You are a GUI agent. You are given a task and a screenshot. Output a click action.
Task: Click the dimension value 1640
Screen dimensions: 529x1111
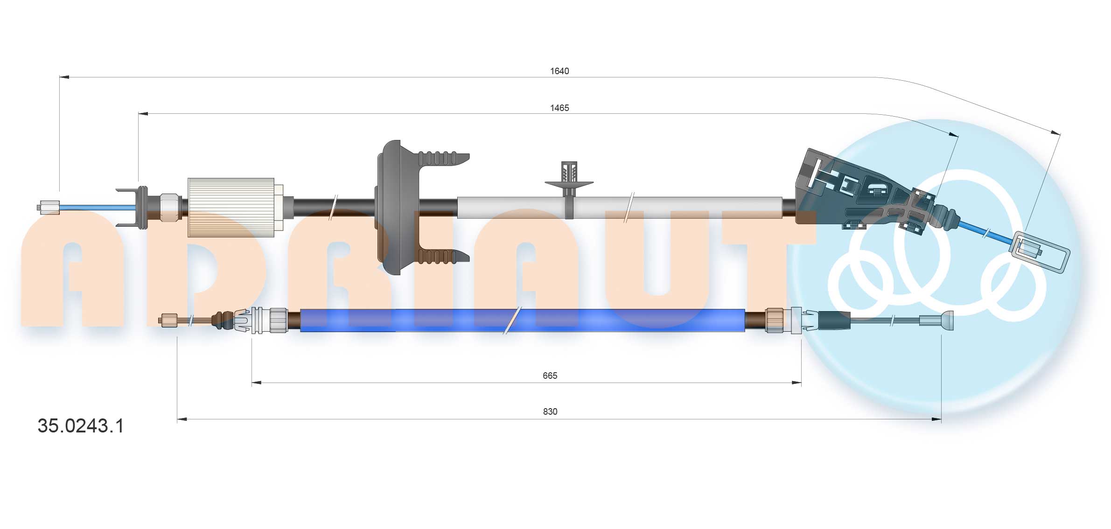coord(559,71)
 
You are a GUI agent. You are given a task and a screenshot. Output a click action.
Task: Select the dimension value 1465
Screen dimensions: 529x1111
coord(559,108)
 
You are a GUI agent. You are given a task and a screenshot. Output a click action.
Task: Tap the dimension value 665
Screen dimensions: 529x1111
coord(550,376)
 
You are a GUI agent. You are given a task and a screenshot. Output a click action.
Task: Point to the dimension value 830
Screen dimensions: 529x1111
coord(550,411)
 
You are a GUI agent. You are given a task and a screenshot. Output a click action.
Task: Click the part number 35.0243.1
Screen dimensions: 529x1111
coord(81,426)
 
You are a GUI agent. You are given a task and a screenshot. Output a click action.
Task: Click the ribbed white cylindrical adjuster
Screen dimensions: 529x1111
coord(231,207)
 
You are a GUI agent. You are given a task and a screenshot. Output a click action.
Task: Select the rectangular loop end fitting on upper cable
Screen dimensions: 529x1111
coord(1040,252)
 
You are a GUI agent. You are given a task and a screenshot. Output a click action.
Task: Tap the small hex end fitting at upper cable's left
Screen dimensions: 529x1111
coord(49,207)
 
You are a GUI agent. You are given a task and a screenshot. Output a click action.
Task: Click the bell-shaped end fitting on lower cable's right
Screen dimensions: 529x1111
coord(946,320)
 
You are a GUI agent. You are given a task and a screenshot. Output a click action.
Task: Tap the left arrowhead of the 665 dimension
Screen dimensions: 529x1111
coord(256,383)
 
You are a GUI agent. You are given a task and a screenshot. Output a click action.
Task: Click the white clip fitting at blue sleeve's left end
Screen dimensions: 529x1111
coord(245,320)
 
